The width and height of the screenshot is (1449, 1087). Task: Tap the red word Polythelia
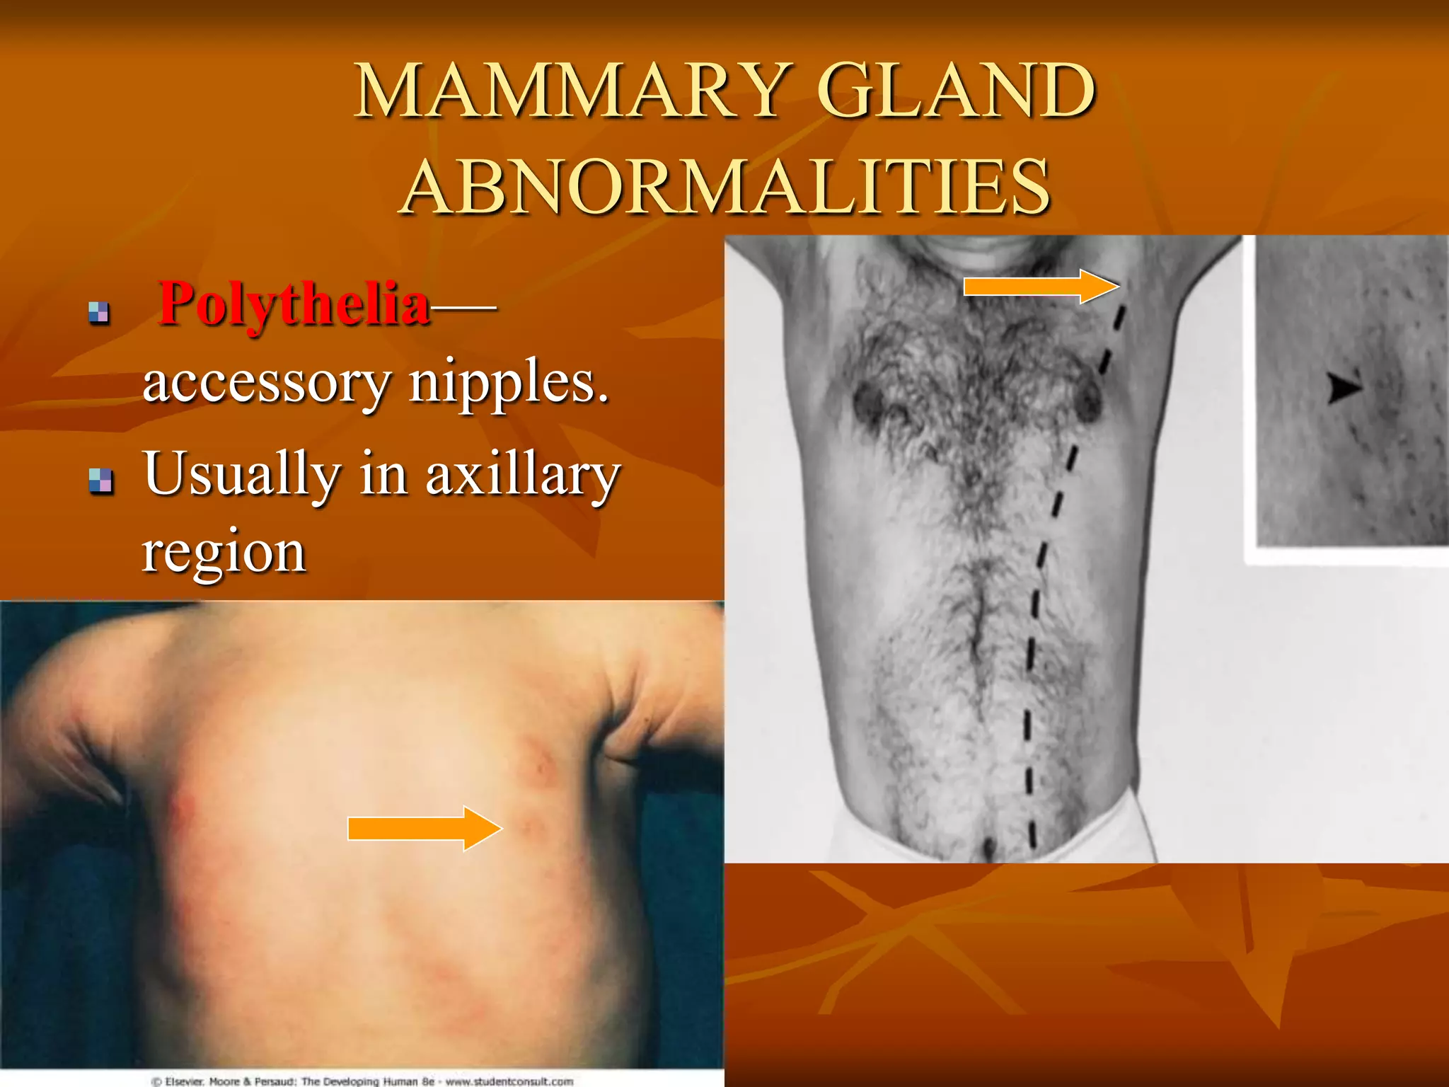tap(294, 304)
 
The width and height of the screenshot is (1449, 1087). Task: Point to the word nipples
tap(509, 383)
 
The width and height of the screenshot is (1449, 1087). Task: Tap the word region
tap(224, 552)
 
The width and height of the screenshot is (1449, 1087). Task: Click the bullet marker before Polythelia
tap(99, 312)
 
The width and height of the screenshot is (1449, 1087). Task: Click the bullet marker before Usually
tap(100, 481)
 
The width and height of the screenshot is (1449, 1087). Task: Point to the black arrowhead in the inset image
tap(1343, 388)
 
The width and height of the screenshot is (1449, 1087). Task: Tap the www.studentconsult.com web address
tap(509, 1081)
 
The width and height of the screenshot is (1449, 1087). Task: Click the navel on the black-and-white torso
tap(988, 846)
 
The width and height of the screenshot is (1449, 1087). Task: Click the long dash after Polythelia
tap(463, 306)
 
